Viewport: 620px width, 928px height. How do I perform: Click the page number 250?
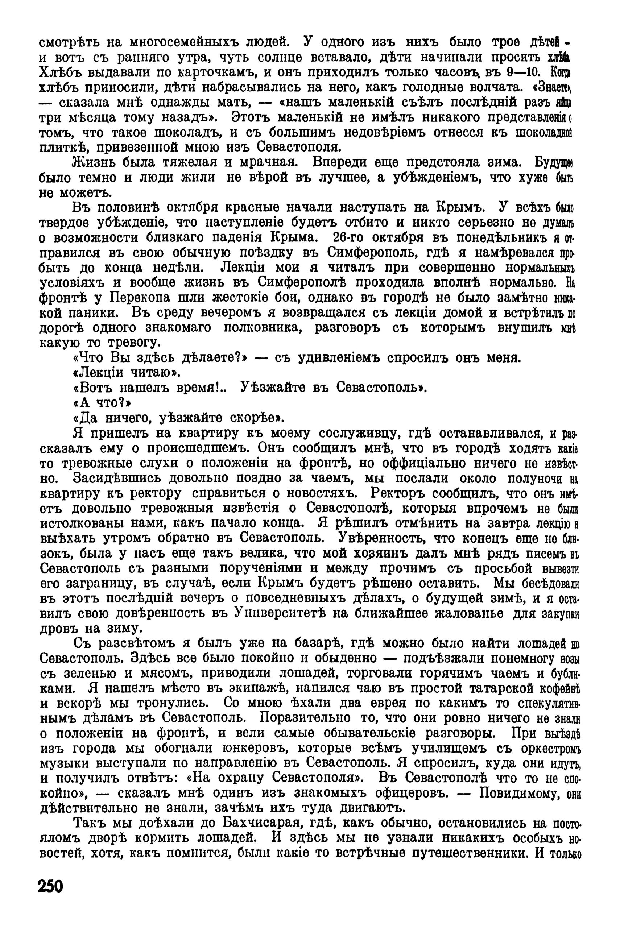coord(51,897)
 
